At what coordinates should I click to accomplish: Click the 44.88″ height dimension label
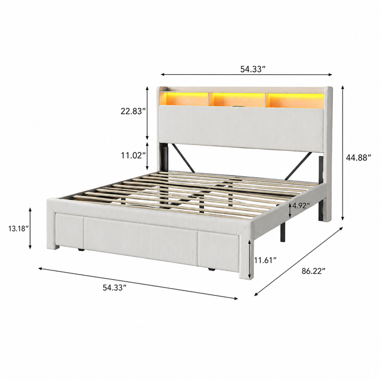click(x=358, y=157)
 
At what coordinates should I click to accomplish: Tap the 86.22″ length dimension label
click(x=313, y=270)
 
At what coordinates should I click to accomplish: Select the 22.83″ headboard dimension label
click(x=133, y=111)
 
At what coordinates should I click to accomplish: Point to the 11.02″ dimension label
click(x=133, y=156)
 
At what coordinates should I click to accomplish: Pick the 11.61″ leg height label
click(x=265, y=260)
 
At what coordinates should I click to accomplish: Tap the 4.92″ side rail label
click(x=301, y=206)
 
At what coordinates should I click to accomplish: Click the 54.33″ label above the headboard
click(x=252, y=70)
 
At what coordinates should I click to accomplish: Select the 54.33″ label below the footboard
click(x=115, y=288)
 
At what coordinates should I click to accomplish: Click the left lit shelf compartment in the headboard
click(x=184, y=98)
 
